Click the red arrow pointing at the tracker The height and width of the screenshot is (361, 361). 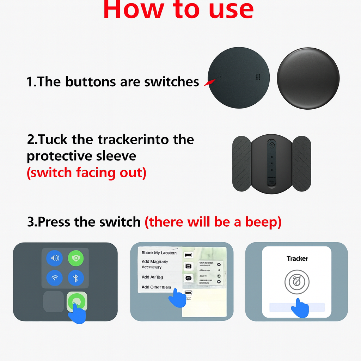pyautogui.click(x=209, y=82)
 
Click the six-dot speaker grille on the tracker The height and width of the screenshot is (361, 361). pyautogui.click(x=258, y=77)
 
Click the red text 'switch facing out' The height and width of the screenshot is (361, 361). pyautogui.click(x=86, y=173)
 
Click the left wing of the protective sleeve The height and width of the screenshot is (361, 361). pyautogui.click(x=242, y=163)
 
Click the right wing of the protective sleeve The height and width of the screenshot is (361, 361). pyautogui.click(x=301, y=163)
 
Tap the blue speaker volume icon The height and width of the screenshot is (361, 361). pyautogui.click(x=55, y=258)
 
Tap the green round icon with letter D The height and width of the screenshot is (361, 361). pyautogui.click(x=75, y=258)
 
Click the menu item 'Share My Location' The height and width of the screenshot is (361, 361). pyautogui.click(x=159, y=253)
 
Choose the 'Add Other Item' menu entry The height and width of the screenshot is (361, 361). pyautogui.click(x=156, y=287)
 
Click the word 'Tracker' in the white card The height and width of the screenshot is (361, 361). pyautogui.click(x=297, y=259)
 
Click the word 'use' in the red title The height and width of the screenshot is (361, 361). pyautogui.click(x=231, y=10)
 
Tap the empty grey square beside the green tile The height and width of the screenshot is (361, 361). pyautogui.click(x=54, y=302)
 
